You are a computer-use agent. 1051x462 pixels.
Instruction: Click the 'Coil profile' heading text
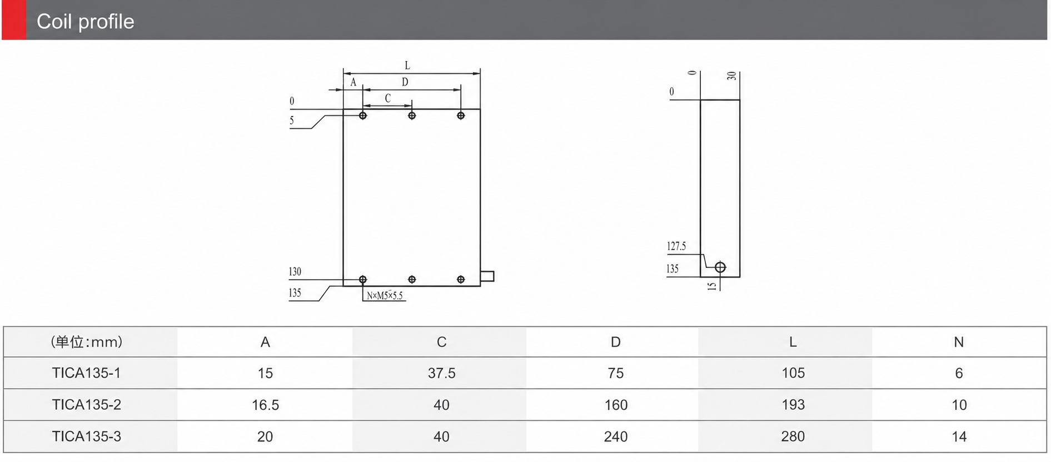85,22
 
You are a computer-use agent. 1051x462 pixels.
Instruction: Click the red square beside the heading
14,20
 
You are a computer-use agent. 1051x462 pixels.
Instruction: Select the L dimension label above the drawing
407,66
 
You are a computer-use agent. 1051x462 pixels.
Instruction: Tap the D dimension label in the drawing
405,82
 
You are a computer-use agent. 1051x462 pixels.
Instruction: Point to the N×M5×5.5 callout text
385,296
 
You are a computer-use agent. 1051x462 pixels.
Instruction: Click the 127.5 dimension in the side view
676,246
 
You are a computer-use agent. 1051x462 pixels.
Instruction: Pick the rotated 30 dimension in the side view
732,76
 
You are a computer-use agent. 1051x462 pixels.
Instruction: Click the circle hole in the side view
720,267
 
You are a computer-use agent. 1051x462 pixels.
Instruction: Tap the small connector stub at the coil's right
487,276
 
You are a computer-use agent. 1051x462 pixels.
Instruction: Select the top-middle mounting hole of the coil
412,116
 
